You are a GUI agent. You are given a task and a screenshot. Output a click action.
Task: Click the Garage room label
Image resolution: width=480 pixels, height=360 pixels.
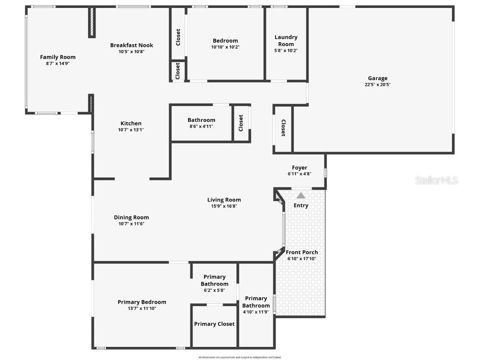tap(377, 78)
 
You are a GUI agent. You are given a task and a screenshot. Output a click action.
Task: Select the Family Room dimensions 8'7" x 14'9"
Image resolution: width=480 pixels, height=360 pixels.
tap(58, 63)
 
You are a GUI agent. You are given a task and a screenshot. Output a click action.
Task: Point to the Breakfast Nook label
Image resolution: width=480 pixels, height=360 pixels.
tap(132, 45)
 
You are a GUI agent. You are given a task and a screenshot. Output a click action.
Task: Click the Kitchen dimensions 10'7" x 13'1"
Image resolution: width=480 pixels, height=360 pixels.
tap(131, 130)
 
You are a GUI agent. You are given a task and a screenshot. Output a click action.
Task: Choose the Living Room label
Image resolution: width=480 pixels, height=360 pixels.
tap(224, 200)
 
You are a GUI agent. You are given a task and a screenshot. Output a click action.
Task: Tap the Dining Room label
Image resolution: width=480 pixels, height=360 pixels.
tap(131, 217)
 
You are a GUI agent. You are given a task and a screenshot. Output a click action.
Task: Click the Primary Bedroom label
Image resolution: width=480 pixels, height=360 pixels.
tap(142, 302)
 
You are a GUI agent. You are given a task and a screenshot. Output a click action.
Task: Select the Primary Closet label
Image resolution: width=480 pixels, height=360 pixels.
tap(214, 324)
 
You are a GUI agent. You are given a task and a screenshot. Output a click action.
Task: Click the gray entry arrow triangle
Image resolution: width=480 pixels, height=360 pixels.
tap(300, 195)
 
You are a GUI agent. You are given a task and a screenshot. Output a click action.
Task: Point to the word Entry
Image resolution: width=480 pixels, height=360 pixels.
tap(301, 205)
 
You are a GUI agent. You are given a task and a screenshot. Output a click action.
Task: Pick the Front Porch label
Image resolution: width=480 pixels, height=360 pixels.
tap(302, 252)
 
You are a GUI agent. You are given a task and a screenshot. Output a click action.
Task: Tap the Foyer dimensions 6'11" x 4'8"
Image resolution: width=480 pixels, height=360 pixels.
tap(300, 174)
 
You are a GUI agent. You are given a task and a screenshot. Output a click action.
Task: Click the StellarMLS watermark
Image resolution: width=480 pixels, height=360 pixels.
tap(436, 180)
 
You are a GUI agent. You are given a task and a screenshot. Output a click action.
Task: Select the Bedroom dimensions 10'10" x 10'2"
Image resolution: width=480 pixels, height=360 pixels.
tap(225, 47)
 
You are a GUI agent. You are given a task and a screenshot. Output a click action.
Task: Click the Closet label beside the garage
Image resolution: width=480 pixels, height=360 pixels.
tap(283, 128)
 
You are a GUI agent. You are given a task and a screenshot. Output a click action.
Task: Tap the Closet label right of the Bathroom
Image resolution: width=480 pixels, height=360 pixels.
tap(241, 123)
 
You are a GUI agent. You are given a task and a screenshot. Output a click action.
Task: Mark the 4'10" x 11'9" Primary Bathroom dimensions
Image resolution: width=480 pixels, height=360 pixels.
tap(256, 312)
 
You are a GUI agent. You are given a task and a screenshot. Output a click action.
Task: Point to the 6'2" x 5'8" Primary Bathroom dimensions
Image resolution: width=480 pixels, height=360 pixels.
tap(214, 290)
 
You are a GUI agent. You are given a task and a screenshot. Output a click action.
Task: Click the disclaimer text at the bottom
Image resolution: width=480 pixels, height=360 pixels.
tap(240, 357)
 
